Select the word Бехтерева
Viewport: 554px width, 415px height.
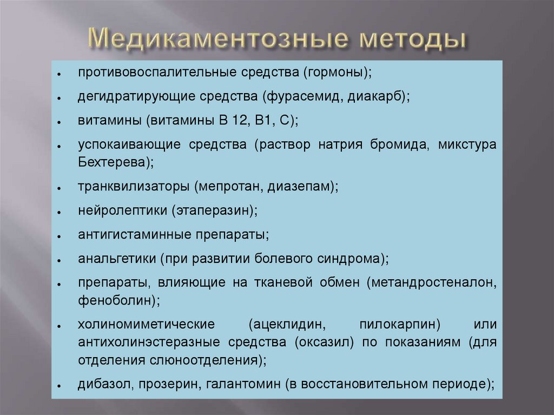click(x=110, y=162)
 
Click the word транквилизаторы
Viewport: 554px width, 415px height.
click(x=133, y=186)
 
